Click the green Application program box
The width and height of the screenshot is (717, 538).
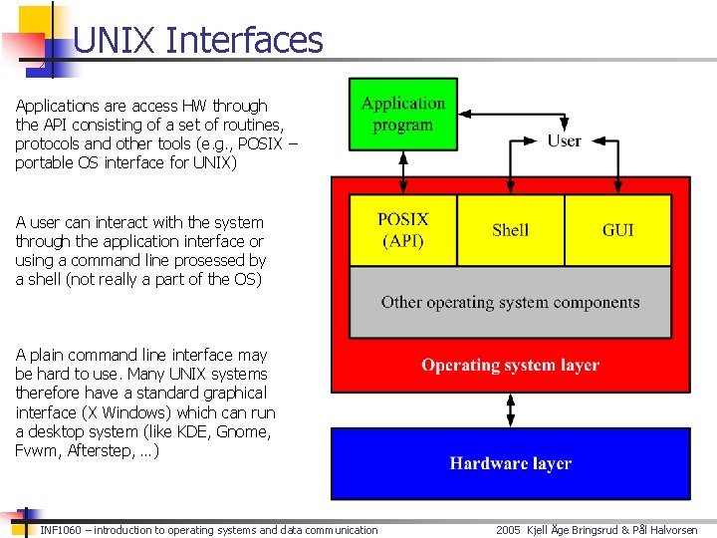click(402, 115)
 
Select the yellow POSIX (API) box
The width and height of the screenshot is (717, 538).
click(403, 229)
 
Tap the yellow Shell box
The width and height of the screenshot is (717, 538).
click(510, 229)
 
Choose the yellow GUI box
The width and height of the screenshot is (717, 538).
click(617, 229)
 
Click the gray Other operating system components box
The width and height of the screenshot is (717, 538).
click(510, 302)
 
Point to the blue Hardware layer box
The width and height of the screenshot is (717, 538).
click(510, 463)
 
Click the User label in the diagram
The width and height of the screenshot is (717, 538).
click(564, 140)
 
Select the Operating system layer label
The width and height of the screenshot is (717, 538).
click(510, 365)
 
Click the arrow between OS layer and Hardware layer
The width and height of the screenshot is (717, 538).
click(510, 408)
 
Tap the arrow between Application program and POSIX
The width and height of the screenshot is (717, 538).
click(403, 172)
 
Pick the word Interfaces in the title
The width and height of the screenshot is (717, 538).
click(245, 41)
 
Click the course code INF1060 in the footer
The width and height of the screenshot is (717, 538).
click(61, 530)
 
